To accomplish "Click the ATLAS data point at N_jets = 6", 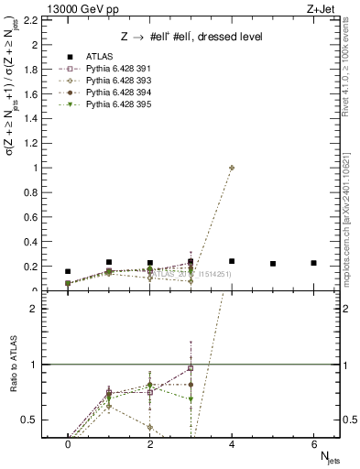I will pyautogui.click(x=313, y=263).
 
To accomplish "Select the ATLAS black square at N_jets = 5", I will pyautogui.click(x=273, y=264).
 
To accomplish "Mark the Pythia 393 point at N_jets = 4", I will pyautogui.click(x=232, y=168).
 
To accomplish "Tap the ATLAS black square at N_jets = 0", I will pyautogui.click(x=68, y=271).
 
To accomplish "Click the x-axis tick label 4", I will pyautogui.click(x=232, y=443).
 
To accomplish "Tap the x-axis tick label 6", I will pyautogui.click(x=313, y=443).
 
